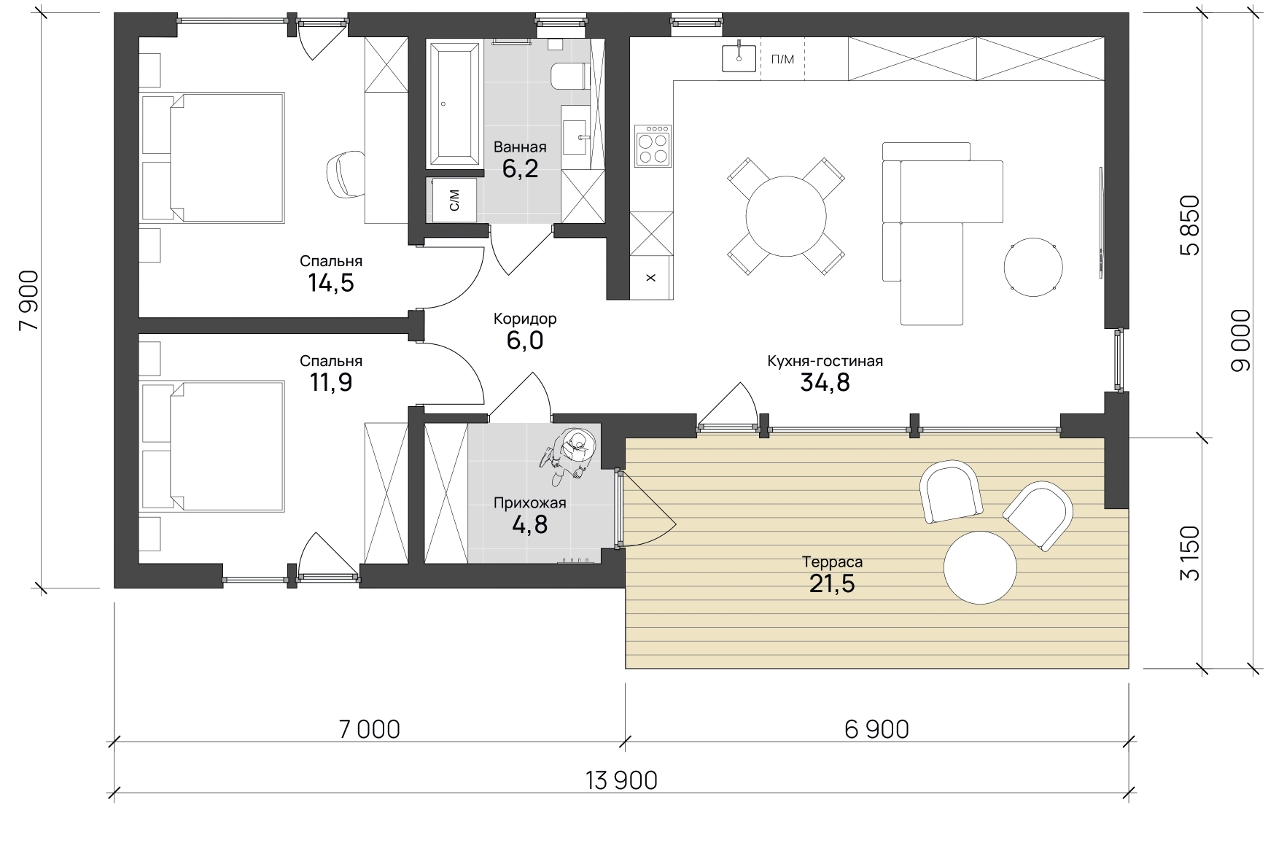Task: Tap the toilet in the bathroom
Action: [569, 76]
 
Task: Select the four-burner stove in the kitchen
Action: [653, 146]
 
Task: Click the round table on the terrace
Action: [980, 567]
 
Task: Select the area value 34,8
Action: [825, 382]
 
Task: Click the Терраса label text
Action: [832, 561]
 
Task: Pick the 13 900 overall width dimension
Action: [621, 780]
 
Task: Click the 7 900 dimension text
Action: [30, 301]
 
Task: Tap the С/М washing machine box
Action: [455, 198]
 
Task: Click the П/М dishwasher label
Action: [782, 59]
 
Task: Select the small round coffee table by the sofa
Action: [1032, 267]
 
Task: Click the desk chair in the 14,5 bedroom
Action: [348, 174]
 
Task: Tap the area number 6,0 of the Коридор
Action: [525, 341]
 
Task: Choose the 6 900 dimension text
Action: [876, 728]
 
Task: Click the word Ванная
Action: [520, 147]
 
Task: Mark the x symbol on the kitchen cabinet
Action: [651, 278]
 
